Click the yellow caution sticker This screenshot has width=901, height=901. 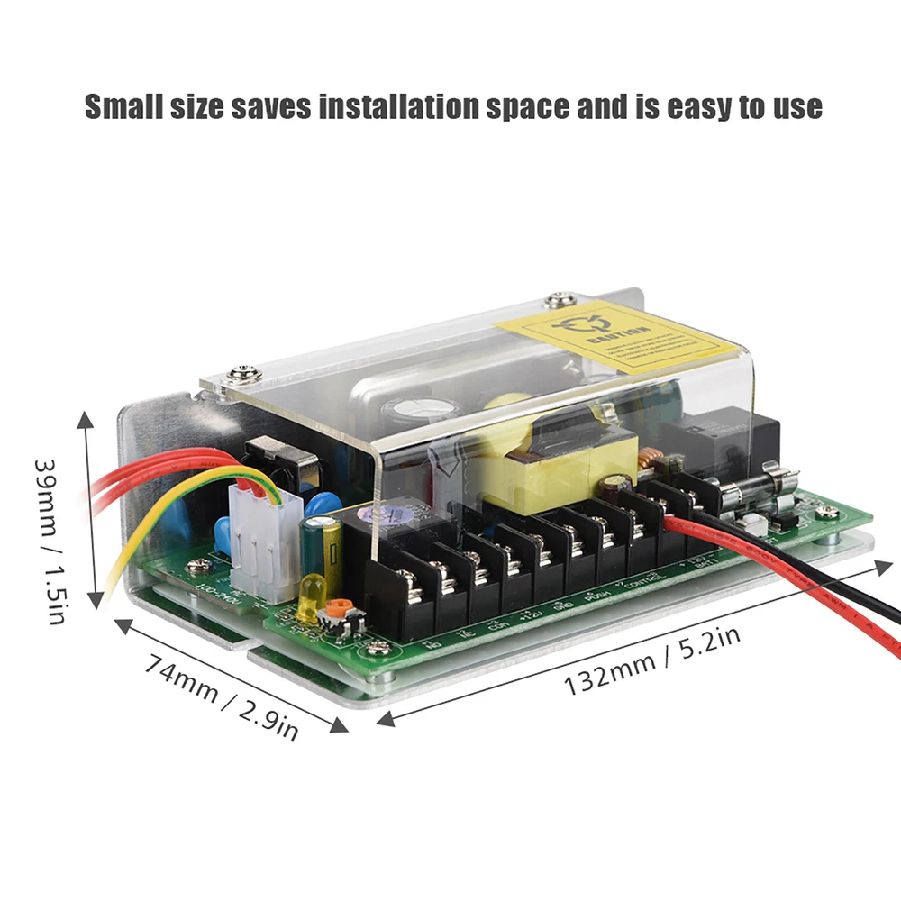click(622, 339)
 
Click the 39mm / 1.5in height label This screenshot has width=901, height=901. click(50, 541)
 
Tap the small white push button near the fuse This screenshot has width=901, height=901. click(747, 522)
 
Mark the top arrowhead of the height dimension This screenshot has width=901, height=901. click(86, 420)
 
